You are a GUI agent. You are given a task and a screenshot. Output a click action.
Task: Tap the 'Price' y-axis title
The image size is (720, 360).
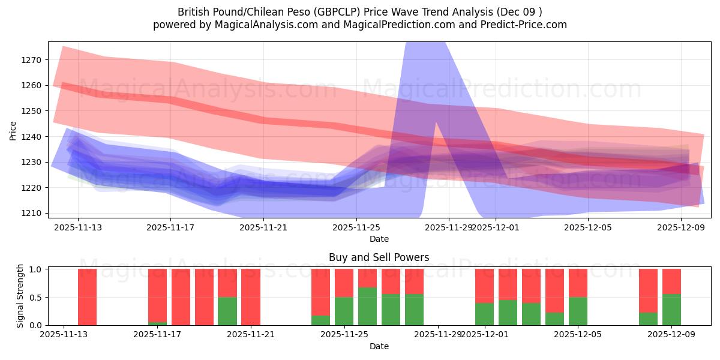[x=13, y=130]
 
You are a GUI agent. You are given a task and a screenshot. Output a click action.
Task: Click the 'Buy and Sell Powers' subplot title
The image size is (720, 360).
[x=379, y=257]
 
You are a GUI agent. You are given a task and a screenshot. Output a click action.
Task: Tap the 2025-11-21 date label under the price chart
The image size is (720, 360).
[x=263, y=227]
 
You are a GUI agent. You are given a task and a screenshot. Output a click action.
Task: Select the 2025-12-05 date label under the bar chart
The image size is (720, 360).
[x=578, y=334]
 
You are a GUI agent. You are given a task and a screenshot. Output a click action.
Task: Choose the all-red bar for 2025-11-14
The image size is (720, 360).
[x=88, y=297]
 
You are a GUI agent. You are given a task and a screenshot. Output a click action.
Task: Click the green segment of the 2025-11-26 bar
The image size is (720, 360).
[x=367, y=306]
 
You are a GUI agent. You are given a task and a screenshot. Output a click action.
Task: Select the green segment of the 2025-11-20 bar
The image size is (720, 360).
[x=227, y=311]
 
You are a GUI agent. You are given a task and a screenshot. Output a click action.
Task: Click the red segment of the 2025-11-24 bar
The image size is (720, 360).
[x=320, y=292]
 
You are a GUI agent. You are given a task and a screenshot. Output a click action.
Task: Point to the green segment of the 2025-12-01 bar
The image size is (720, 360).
[x=484, y=314]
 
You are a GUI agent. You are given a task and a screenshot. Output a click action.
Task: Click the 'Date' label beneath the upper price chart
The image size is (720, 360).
[x=379, y=239]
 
